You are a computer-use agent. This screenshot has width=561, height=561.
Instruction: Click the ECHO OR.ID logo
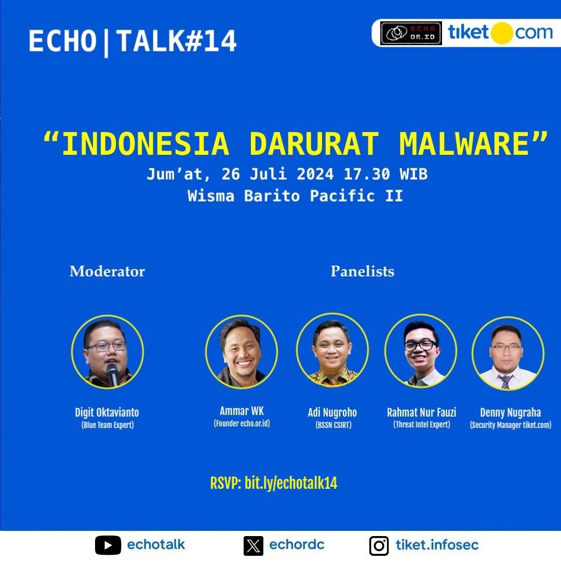[x=411, y=33]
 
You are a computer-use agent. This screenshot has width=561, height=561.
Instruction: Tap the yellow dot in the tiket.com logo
[x=502, y=33]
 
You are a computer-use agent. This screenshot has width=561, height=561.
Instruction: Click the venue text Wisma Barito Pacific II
[x=295, y=196]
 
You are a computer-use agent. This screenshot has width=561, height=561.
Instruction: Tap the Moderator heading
[x=107, y=271]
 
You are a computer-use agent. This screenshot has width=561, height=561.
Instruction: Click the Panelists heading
[x=362, y=271]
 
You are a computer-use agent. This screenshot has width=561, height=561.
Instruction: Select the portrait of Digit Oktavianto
[x=108, y=353]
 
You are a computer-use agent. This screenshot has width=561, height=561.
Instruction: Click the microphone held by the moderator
[x=113, y=373]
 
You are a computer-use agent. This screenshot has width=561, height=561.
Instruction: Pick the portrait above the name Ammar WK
[x=242, y=352]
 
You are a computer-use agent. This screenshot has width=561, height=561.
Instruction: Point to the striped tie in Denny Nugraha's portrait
[x=505, y=382]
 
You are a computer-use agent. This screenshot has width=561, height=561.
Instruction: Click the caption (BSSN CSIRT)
[x=332, y=425]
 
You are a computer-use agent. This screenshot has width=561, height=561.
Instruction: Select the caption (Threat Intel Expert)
[x=421, y=425]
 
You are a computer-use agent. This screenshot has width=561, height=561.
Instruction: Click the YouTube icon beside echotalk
[x=108, y=545]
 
